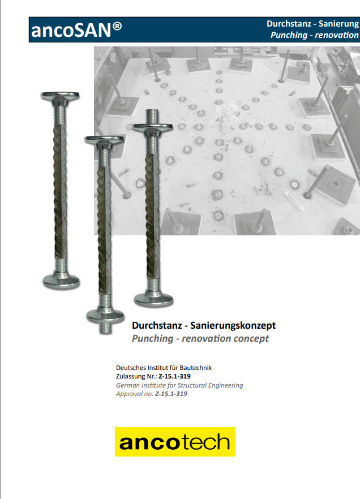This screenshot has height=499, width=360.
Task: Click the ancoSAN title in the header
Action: pyautogui.click(x=76, y=30)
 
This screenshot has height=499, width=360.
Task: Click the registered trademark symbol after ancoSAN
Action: pyautogui.click(x=117, y=26)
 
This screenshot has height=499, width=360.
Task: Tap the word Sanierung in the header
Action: pyautogui.click(x=338, y=24)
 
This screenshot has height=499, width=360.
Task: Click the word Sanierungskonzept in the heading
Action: pyautogui.click(x=233, y=325)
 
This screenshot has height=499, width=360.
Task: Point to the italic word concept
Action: pyautogui.click(x=251, y=338)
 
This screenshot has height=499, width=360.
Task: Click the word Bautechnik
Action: pyautogui.click(x=196, y=368)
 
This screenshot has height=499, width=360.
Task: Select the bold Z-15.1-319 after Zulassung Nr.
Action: pyautogui.click(x=174, y=376)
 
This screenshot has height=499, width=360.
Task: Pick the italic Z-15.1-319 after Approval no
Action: pyautogui.click(x=171, y=394)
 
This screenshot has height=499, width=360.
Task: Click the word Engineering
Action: pyautogui.click(x=225, y=386)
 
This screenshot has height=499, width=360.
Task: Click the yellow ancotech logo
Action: pyautogui.click(x=175, y=442)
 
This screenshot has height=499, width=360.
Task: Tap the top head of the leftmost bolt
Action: pyautogui.click(x=60, y=96)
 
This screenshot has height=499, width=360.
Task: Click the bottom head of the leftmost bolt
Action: pyautogui.click(x=61, y=282)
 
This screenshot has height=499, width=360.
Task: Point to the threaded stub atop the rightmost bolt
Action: pyautogui.click(x=152, y=116)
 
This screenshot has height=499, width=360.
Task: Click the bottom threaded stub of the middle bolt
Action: pyautogui.click(x=105, y=328)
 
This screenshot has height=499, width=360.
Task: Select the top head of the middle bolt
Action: pyautogui.click(x=104, y=140)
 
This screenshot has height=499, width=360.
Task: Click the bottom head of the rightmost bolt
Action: pyautogui.click(x=153, y=300)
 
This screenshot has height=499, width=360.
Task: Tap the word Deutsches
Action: pyautogui.click(x=131, y=368)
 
